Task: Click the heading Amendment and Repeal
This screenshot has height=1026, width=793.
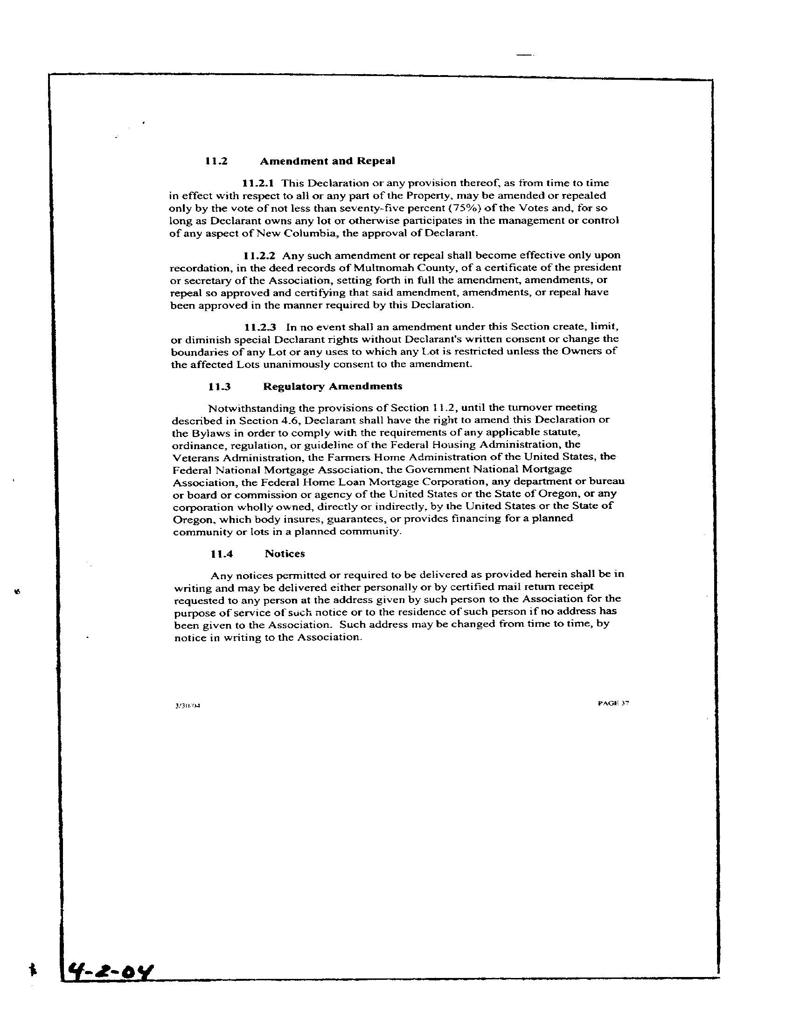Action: tap(327, 161)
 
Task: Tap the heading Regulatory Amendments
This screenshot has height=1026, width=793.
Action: tap(333, 386)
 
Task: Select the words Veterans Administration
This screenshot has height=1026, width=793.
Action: tap(235, 457)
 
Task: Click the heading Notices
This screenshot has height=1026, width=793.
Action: tap(285, 554)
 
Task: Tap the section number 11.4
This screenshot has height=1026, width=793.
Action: tap(222, 554)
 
